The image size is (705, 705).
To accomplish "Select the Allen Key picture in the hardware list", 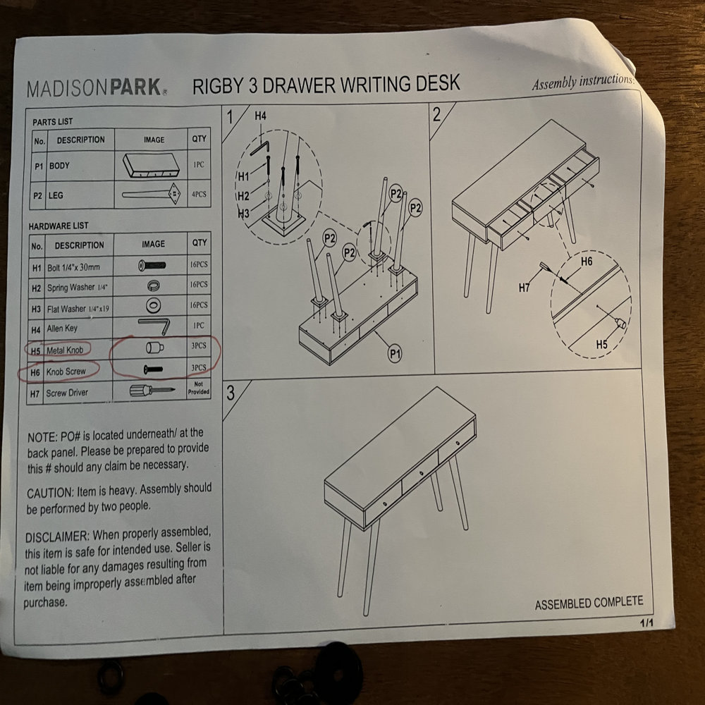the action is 154,326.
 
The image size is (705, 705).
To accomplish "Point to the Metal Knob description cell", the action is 65,350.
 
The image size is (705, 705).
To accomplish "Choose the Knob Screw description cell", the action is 66,372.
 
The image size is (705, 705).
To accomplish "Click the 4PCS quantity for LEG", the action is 199,195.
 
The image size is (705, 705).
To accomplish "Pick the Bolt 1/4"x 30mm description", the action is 74,267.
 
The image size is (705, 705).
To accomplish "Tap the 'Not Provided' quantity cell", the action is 198,388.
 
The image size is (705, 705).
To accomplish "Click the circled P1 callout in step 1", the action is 395,355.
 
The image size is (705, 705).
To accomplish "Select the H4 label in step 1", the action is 260,116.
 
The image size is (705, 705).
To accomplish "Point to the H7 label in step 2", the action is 525,288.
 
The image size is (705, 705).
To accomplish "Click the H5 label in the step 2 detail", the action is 601,345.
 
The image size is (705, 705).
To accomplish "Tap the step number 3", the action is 231,393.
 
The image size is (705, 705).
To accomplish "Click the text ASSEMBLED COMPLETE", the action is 589,603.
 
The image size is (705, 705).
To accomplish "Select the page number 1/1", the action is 646,623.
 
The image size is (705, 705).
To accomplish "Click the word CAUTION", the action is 49,493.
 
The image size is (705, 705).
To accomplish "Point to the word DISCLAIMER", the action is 56,537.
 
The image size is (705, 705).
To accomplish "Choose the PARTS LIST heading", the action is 52,122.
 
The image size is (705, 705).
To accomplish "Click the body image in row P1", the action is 151,166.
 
